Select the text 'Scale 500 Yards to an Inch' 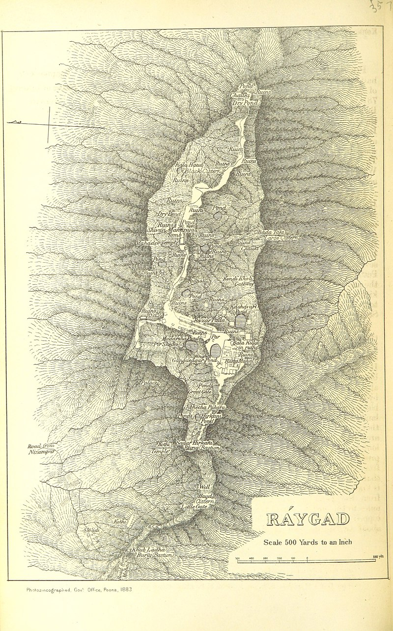tap(308, 543)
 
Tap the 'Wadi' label tap(93, 531)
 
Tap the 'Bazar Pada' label tap(209, 320)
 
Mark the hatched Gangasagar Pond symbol tap(215, 350)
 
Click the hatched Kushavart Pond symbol tap(240, 321)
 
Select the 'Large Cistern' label tap(281, 238)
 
